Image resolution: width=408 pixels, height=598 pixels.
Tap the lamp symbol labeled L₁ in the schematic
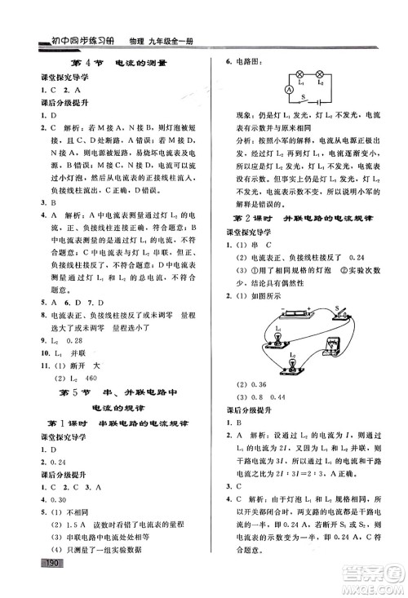[299, 73]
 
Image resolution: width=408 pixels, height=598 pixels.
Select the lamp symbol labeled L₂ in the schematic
[319, 73]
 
